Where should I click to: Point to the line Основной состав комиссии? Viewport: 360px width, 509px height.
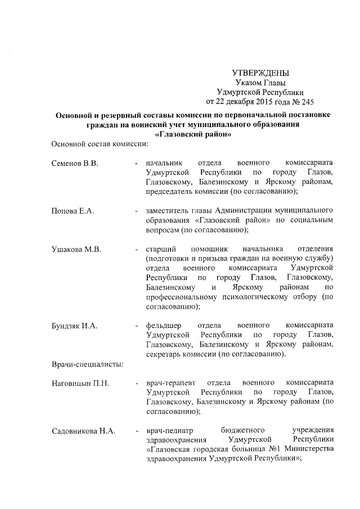tap(98, 144)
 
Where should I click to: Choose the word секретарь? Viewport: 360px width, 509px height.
tap(166, 354)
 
